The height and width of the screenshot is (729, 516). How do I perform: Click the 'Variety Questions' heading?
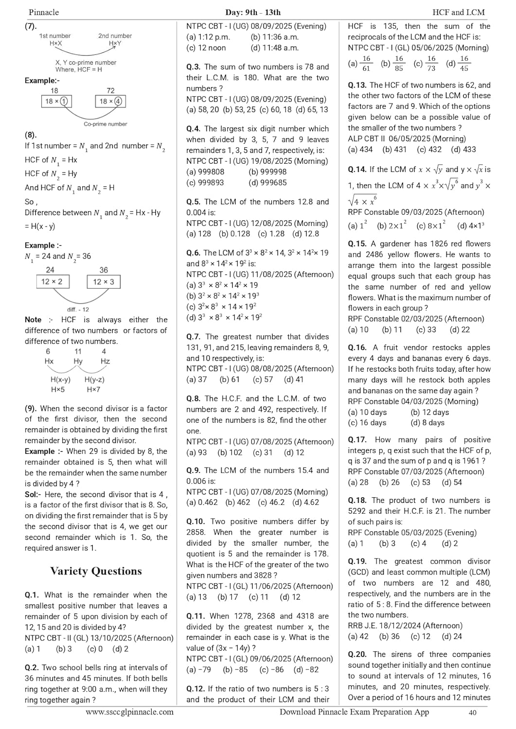96,571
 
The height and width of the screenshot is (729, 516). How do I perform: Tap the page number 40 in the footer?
472,712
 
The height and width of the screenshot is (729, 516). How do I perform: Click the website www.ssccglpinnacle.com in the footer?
129,712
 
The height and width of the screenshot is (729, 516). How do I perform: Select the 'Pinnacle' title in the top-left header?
44,12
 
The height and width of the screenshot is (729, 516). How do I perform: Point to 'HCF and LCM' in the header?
462,12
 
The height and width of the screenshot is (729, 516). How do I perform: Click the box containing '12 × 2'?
52,282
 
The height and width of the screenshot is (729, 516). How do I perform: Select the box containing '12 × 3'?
104,282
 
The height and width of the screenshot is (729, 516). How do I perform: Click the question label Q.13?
357,85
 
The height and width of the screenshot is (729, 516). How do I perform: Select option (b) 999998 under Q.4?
267,172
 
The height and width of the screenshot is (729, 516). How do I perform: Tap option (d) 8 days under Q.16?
427,423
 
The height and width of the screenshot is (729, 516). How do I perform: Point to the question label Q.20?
357,655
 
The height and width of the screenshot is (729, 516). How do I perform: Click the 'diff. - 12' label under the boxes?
78,310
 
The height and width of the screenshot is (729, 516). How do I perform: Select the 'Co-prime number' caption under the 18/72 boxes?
105,124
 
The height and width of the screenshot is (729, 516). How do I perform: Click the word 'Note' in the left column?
33,320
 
